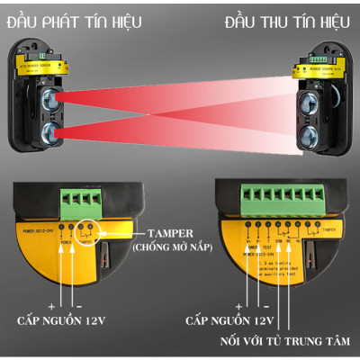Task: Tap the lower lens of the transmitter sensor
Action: click(x=47, y=134)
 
